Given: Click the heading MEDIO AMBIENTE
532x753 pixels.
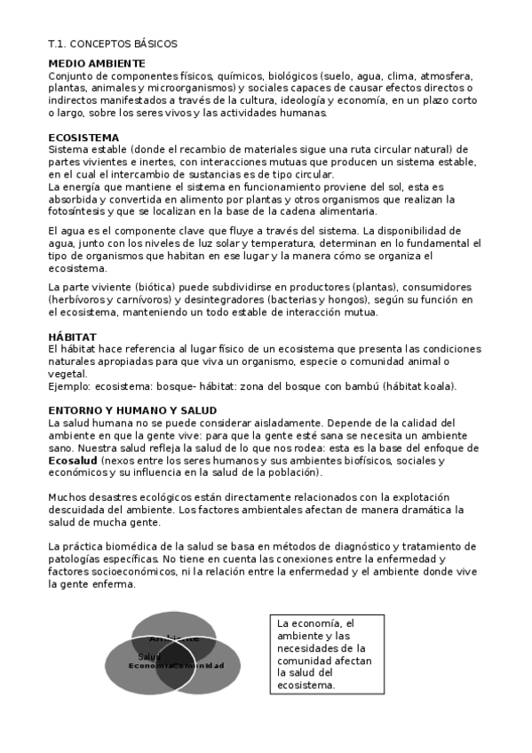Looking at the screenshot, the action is click(97, 64).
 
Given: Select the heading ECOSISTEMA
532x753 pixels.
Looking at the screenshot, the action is click(83, 138).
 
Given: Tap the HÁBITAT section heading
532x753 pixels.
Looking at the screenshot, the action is click(73, 337).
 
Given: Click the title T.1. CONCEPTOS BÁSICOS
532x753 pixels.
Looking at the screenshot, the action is click(113, 43).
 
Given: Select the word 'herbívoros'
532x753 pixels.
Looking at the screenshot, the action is click(83, 300).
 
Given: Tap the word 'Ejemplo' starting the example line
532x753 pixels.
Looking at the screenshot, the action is click(71, 386).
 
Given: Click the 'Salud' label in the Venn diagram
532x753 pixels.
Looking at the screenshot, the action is click(149, 656).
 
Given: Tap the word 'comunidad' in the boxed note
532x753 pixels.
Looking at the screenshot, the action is click(309, 661).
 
